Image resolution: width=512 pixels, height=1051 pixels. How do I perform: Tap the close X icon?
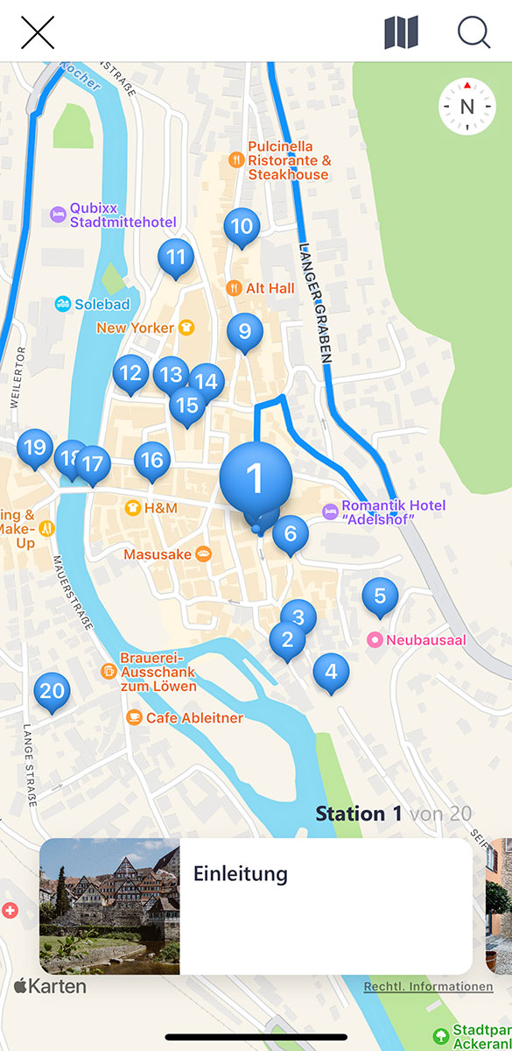(38, 32)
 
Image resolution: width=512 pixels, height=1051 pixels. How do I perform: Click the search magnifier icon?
(473, 32)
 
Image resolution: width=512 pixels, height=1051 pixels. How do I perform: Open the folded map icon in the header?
(401, 32)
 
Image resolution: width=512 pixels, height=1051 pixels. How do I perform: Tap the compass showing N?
(466, 107)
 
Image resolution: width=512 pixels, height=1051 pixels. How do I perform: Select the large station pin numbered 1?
(255, 478)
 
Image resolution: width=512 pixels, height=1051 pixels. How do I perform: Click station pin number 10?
(242, 227)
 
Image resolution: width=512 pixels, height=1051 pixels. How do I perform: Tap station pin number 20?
(52, 691)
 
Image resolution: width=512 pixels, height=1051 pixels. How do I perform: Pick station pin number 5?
(380, 596)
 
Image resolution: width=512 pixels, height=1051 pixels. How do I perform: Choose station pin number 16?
(152, 460)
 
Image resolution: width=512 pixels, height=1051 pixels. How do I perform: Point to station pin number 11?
(176, 257)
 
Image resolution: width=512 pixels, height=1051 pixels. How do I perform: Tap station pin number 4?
(330, 672)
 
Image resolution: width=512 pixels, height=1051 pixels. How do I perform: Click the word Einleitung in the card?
(240, 873)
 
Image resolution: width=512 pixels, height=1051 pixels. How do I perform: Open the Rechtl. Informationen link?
(428, 986)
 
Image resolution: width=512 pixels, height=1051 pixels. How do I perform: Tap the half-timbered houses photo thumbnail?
(109, 906)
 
